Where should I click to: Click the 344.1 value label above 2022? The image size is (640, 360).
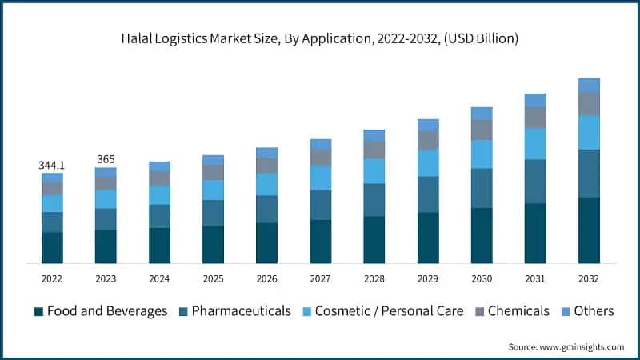point(52,165)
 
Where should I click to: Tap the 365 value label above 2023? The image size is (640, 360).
point(106,159)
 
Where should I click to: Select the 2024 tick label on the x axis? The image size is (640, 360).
point(159,278)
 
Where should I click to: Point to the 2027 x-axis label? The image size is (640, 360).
point(320,278)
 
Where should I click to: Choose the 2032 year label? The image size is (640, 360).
point(589,278)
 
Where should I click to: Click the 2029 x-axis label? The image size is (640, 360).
point(428,278)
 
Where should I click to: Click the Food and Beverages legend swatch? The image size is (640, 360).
point(38,311)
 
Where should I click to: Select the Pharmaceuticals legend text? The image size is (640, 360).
point(241,311)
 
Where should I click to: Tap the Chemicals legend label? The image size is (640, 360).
point(518,311)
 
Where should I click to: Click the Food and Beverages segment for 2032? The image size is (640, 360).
point(589,230)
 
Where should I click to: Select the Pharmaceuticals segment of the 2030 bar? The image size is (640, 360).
point(482,188)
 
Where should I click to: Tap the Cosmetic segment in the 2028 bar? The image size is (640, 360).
point(374,171)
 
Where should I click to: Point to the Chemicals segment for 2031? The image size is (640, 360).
point(535,118)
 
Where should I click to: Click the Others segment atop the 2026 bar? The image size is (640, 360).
point(266,153)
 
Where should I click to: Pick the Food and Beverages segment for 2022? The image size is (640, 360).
point(52,248)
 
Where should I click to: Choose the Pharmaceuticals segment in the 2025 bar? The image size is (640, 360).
point(213,213)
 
